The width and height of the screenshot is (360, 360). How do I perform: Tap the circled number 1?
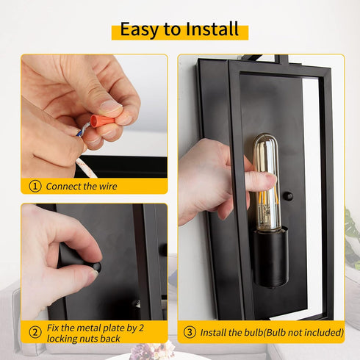pyautogui.click(x=35, y=187)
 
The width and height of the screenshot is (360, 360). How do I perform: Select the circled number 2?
pyautogui.click(x=35, y=333)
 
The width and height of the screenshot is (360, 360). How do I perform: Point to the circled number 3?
pyautogui.click(x=190, y=332)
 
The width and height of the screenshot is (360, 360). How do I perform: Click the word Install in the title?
pyautogui.click(x=212, y=29)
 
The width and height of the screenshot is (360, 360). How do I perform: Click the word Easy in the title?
pyautogui.click(x=140, y=30)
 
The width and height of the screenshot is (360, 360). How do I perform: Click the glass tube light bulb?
pyautogui.click(x=266, y=183)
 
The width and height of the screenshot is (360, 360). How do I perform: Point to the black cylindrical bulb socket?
pyautogui.click(x=270, y=258)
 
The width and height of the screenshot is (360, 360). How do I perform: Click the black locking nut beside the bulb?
pyautogui.click(x=288, y=196)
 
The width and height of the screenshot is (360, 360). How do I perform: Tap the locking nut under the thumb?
pyautogui.click(x=96, y=267)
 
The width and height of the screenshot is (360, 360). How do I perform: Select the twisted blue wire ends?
pyautogui.click(x=83, y=129)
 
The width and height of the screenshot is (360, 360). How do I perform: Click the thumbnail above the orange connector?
pyautogui.click(x=111, y=107)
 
